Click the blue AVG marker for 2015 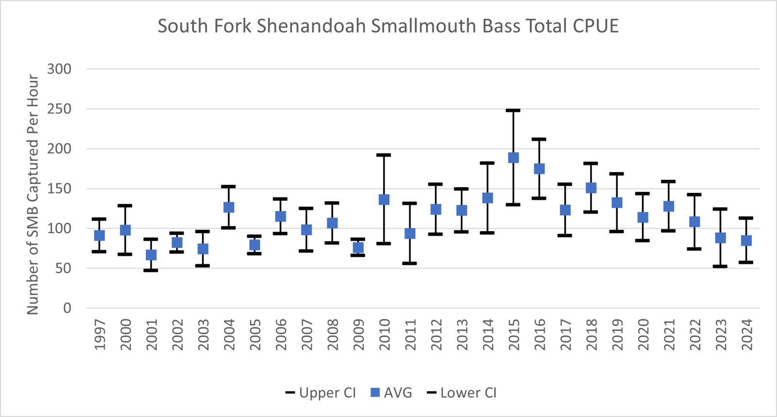[513, 158]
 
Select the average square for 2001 [151, 255]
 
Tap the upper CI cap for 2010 [384, 155]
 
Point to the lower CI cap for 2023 [720, 266]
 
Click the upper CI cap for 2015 [513, 111]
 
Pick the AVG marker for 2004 [229, 207]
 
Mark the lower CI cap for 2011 [410, 263]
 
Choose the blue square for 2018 [591, 188]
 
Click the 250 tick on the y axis [59, 109]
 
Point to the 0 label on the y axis [67, 308]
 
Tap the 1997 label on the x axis [100, 334]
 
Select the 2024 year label [746, 334]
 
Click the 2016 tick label [540, 334]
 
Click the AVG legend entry [391, 393]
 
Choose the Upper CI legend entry [321, 393]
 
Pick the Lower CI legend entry [462, 393]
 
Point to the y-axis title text [33, 194]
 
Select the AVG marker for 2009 [358, 247]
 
